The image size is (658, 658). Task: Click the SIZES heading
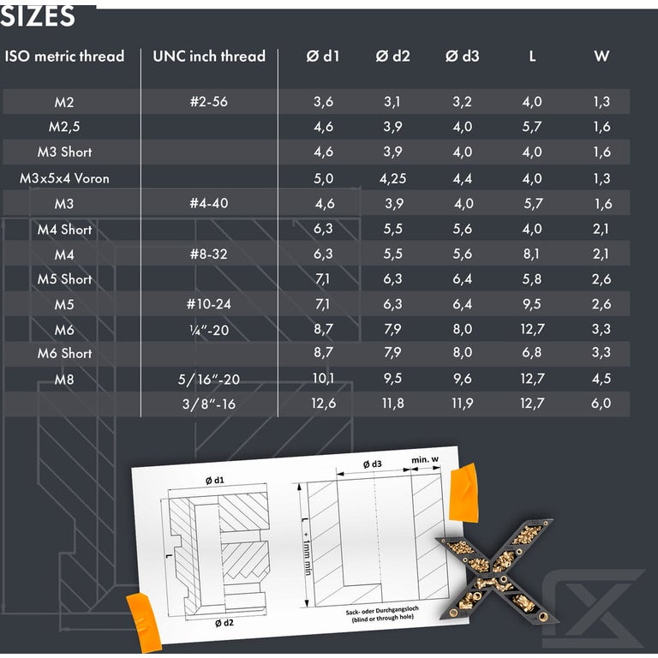pyautogui.click(x=38, y=16)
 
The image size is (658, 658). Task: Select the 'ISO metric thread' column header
pyautogui.click(x=64, y=56)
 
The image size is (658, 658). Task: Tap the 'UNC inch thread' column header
pyautogui.click(x=209, y=56)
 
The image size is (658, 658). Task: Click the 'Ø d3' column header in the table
pyautogui.click(x=462, y=56)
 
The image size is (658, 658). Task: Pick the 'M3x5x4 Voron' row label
pyautogui.click(x=64, y=178)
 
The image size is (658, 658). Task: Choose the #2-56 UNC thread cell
pyautogui.click(x=209, y=102)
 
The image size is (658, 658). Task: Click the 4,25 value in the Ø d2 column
pyautogui.click(x=392, y=179)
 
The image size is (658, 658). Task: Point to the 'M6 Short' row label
pyautogui.click(x=64, y=353)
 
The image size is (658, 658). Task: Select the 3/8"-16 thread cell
pyautogui.click(x=209, y=404)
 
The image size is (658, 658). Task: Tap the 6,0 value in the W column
pyautogui.click(x=601, y=404)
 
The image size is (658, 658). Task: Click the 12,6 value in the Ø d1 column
pyautogui.click(x=324, y=404)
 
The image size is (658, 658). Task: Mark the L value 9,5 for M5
pyautogui.click(x=532, y=304)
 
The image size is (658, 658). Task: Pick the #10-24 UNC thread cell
pyautogui.click(x=209, y=304)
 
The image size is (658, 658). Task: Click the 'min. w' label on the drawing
pyautogui.click(x=425, y=460)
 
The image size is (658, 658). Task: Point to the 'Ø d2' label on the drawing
pyautogui.click(x=224, y=623)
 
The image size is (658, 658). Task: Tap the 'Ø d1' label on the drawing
pyautogui.click(x=215, y=480)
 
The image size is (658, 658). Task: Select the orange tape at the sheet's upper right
pyautogui.click(x=464, y=493)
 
